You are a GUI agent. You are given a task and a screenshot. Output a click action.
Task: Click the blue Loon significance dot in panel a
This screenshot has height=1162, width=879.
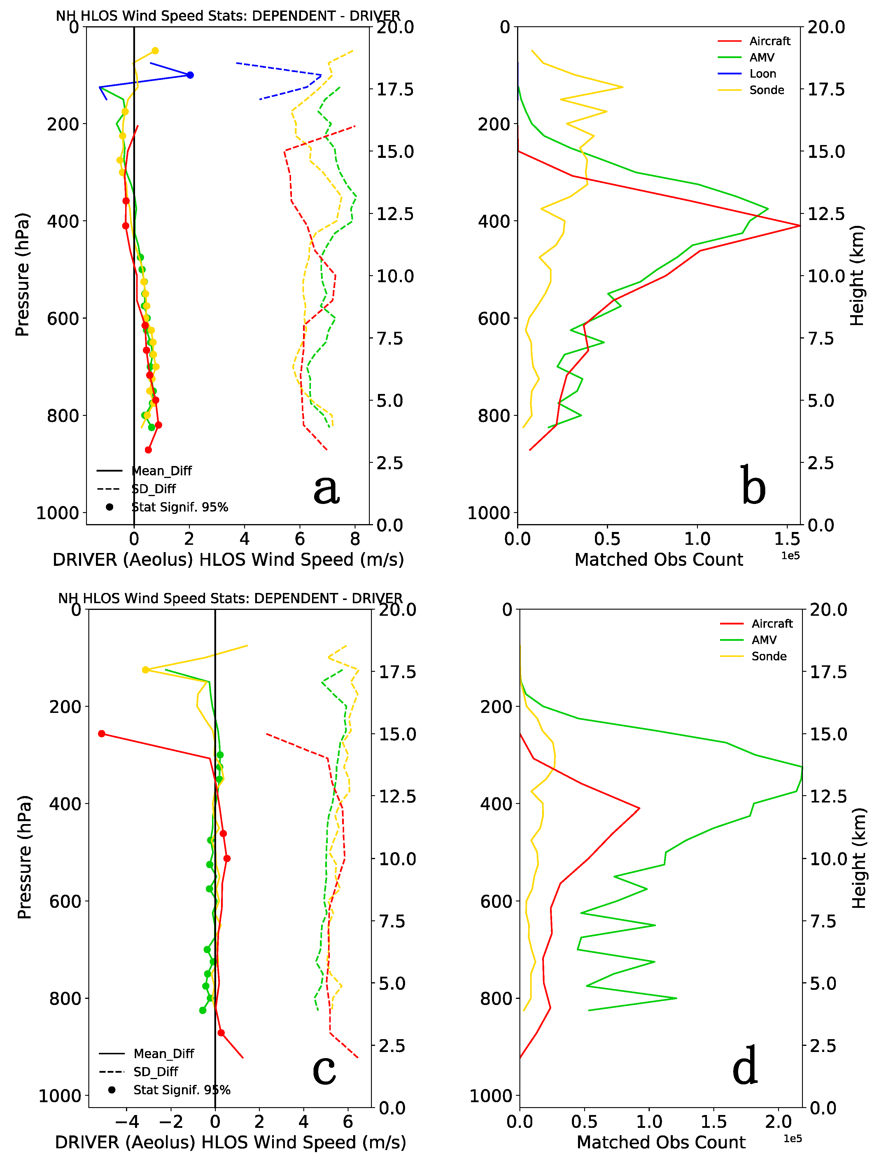[190, 75]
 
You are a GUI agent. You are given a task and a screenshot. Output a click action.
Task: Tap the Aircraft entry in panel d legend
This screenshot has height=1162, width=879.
[771, 624]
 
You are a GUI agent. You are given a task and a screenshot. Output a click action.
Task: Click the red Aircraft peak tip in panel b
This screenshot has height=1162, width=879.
[799, 225]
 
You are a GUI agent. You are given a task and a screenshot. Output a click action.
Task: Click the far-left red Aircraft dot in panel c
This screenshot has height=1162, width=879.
[102, 734]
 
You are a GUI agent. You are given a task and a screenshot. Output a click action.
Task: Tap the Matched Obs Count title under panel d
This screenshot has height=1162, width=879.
[661, 1142]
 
